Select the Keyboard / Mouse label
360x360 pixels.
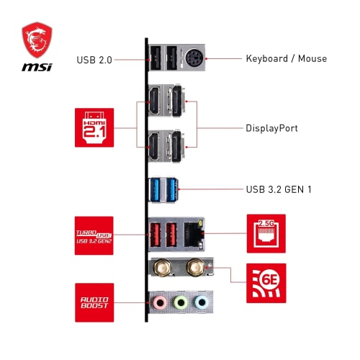click(286, 58)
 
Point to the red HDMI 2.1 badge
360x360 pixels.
click(94, 127)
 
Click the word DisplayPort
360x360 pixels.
click(273, 128)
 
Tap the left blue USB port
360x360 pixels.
click(156, 190)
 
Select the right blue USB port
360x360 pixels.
click(171, 190)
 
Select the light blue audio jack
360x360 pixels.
click(203, 302)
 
